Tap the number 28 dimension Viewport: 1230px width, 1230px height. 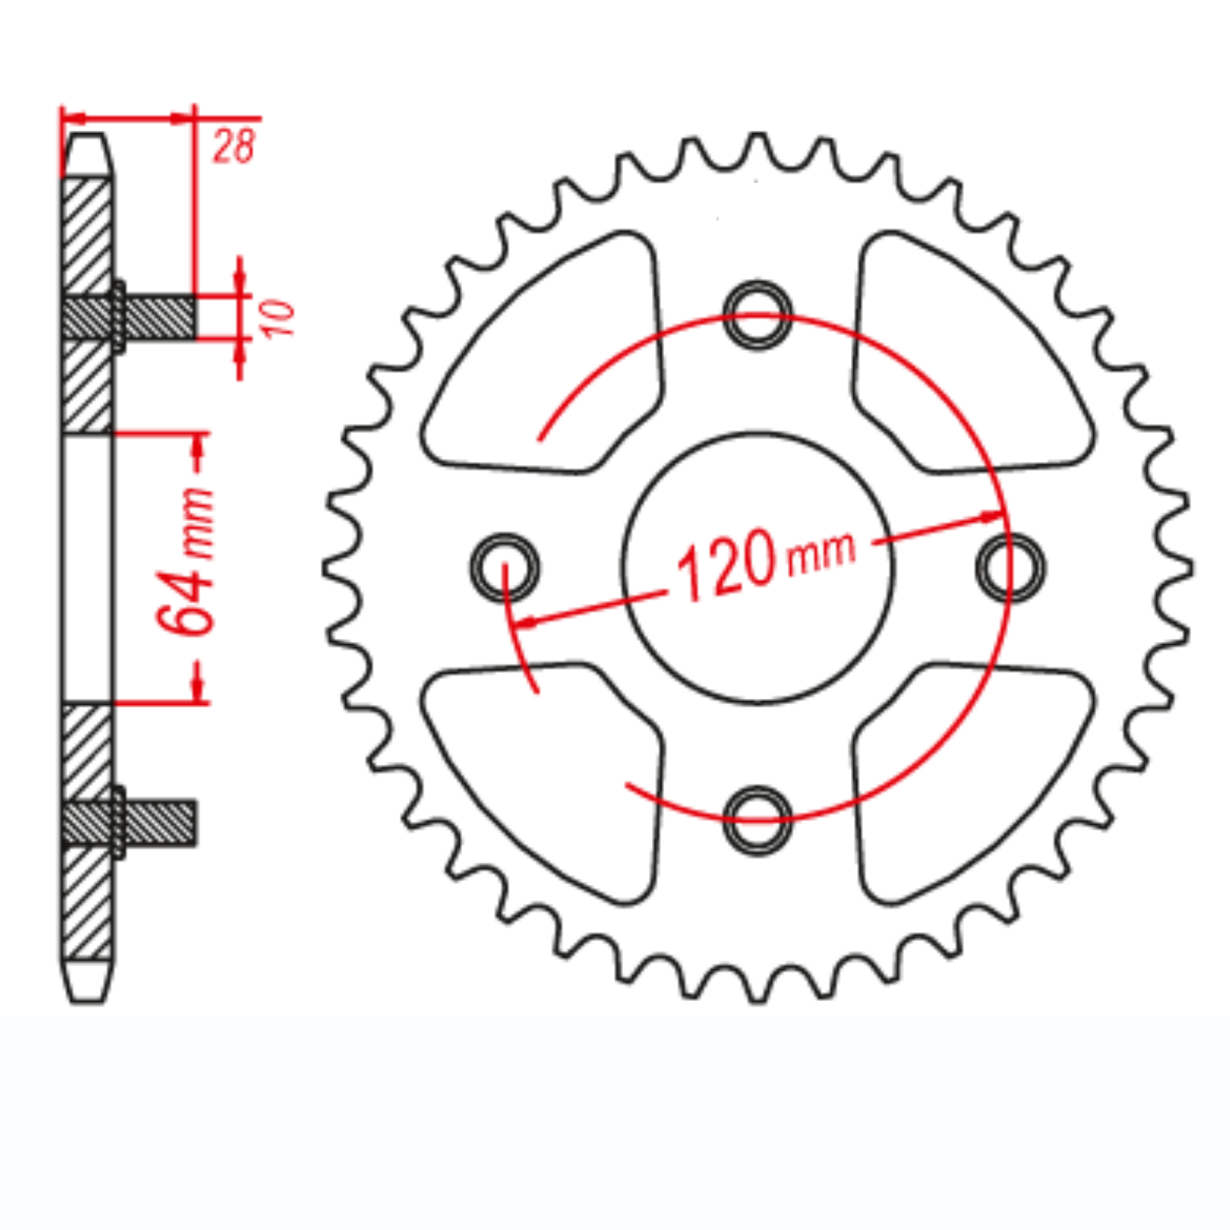coord(232,146)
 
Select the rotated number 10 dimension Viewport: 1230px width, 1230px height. coord(278,318)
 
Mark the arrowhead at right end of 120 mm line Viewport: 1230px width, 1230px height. coord(992,517)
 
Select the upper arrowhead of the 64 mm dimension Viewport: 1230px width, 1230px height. coord(199,446)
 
